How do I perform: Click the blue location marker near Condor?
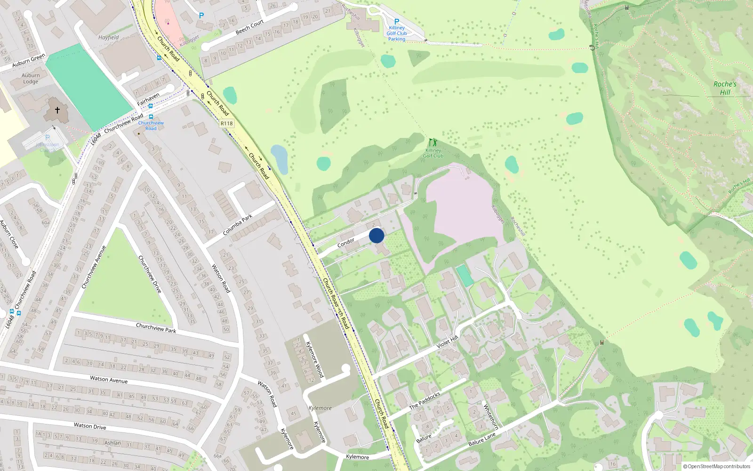(x=376, y=235)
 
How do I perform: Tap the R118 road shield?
(x=226, y=123)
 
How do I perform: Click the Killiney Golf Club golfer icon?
(x=433, y=142)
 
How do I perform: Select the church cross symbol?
(x=57, y=110)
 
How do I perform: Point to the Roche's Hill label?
(x=725, y=88)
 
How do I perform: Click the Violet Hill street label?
(x=447, y=342)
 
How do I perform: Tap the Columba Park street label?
(x=238, y=225)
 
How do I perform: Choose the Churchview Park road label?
(x=156, y=328)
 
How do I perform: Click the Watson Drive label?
(x=90, y=426)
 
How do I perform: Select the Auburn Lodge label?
(x=31, y=78)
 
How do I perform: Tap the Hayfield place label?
(x=109, y=37)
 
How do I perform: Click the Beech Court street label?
(x=249, y=27)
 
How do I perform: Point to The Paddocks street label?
(x=425, y=401)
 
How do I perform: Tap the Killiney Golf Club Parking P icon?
(x=397, y=22)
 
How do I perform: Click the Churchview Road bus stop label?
(x=151, y=125)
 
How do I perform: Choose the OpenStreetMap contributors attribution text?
(x=716, y=466)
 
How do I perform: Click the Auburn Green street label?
(x=29, y=60)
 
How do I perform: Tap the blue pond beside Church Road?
(x=280, y=159)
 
